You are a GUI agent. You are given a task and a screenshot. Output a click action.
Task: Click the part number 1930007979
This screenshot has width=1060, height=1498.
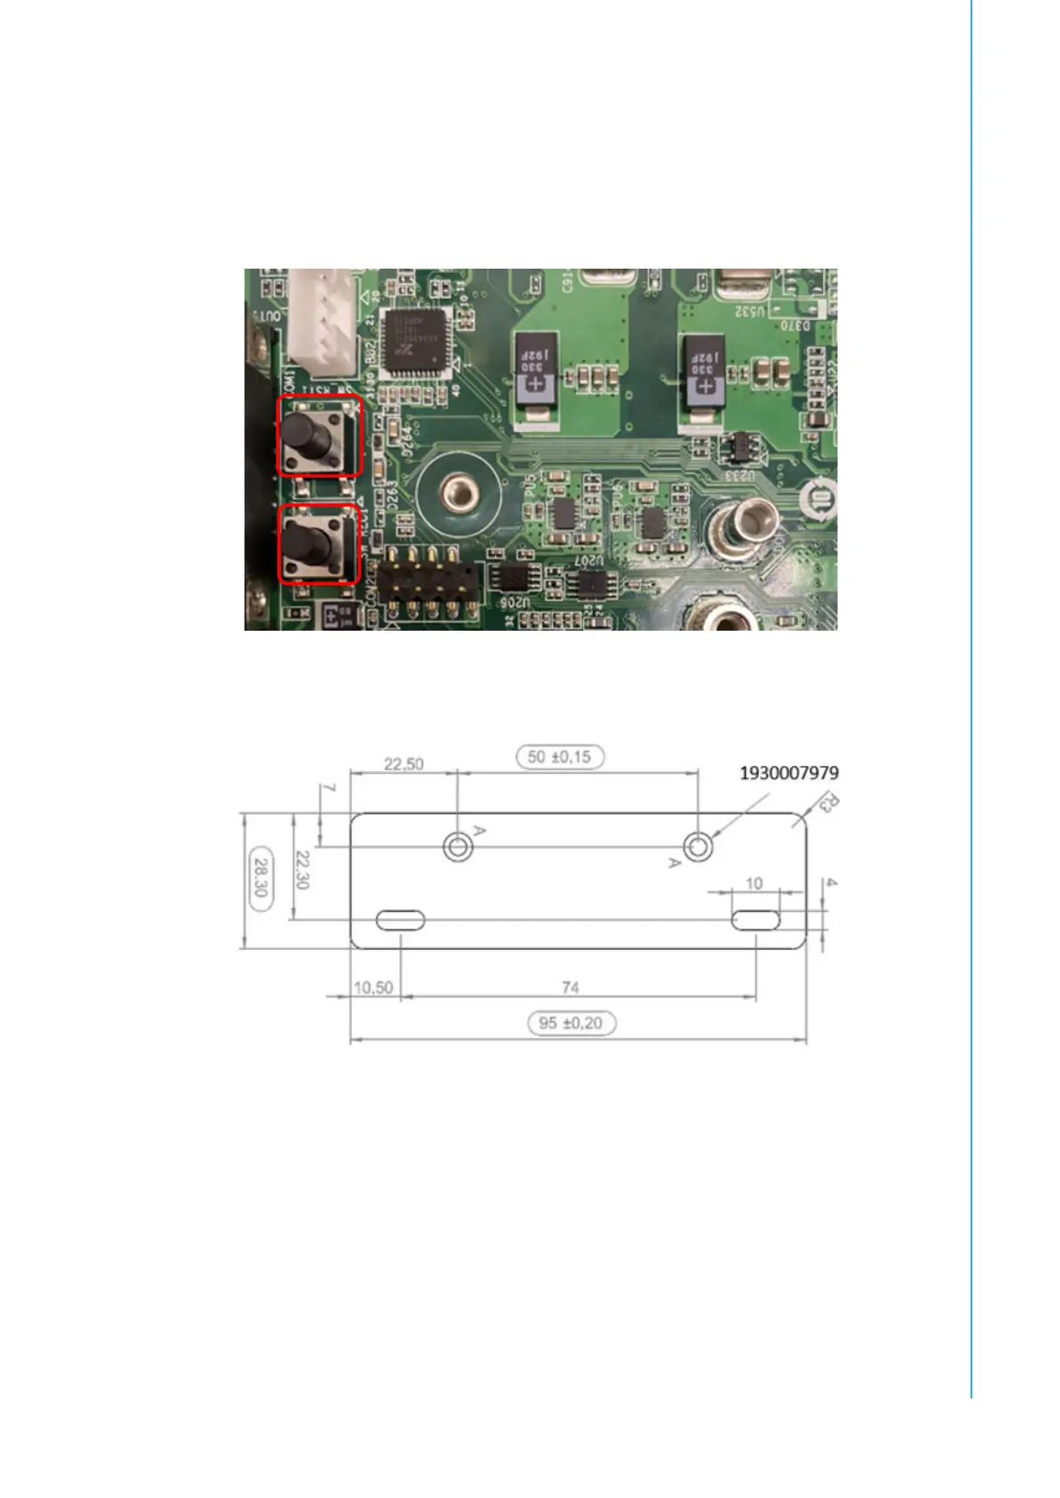pyautogui.click(x=789, y=773)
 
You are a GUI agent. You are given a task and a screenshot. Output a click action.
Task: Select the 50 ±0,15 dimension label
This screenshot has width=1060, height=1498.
pyautogui.click(x=560, y=757)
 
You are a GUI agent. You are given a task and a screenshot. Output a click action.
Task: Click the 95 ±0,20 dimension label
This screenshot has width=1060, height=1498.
pyautogui.click(x=570, y=1023)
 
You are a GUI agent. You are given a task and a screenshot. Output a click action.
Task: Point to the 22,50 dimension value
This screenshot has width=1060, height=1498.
pyautogui.click(x=403, y=764)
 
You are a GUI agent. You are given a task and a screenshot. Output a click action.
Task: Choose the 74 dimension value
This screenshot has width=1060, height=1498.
pyautogui.click(x=570, y=987)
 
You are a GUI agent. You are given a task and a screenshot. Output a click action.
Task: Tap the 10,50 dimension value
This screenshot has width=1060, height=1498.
pyautogui.click(x=373, y=987)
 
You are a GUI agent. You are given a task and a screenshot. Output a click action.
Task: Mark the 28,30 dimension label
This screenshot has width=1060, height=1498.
pyautogui.click(x=260, y=877)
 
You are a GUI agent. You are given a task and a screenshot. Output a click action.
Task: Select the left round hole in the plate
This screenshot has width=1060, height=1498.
pyautogui.click(x=457, y=847)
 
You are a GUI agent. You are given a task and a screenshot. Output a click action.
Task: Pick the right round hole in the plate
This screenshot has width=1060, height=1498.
pyautogui.click(x=699, y=847)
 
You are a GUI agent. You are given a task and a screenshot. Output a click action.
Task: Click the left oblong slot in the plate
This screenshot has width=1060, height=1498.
pyautogui.click(x=400, y=921)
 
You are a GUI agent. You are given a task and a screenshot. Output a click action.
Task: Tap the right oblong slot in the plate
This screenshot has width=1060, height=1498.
pyautogui.click(x=756, y=920)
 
